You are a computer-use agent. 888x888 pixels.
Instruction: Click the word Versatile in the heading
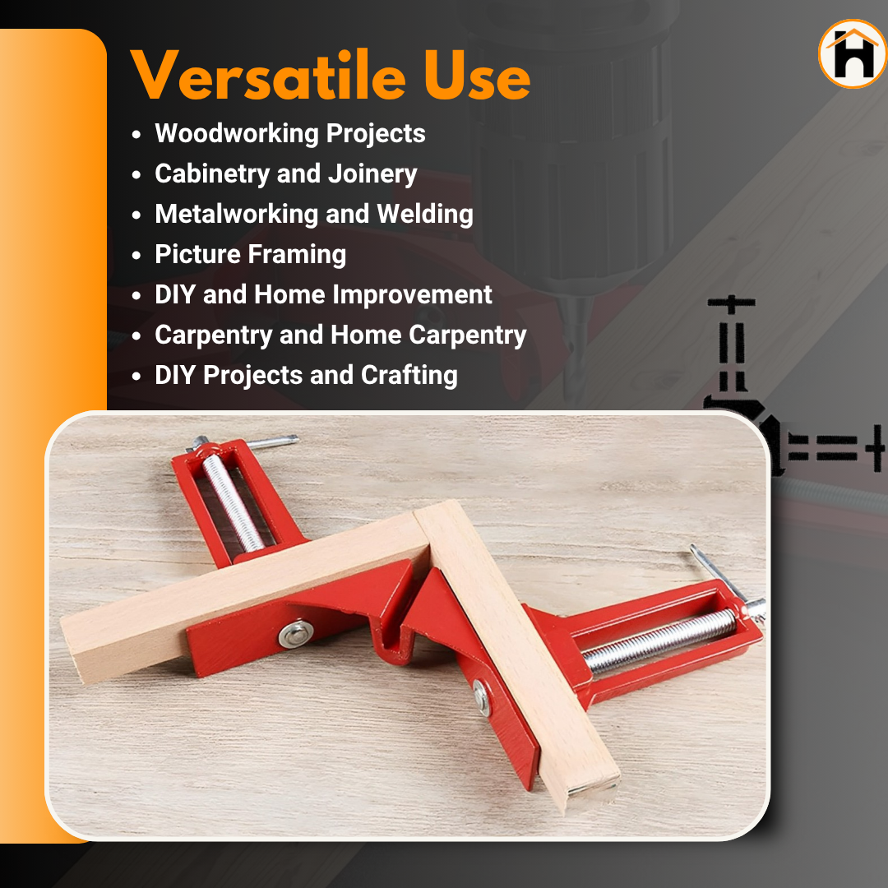coord(268,76)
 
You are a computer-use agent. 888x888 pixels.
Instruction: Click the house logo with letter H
coord(853,53)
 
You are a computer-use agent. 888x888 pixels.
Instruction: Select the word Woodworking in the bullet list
coord(237,134)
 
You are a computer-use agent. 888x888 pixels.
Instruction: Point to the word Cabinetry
coord(212,173)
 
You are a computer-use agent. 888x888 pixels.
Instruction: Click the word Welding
coord(425,214)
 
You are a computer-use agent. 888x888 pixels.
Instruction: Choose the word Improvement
coord(412,295)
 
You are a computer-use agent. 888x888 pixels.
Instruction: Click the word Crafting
coord(409,376)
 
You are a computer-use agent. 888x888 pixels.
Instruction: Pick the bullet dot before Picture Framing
coord(136,256)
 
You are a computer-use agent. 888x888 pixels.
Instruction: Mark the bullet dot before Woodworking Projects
coord(136,135)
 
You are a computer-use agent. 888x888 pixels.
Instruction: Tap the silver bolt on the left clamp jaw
coord(296,634)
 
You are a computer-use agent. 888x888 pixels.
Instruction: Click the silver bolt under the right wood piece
coord(481,697)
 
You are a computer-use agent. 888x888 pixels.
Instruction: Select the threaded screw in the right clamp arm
coord(659,641)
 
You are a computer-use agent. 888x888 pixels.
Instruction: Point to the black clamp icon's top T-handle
coord(731,303)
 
